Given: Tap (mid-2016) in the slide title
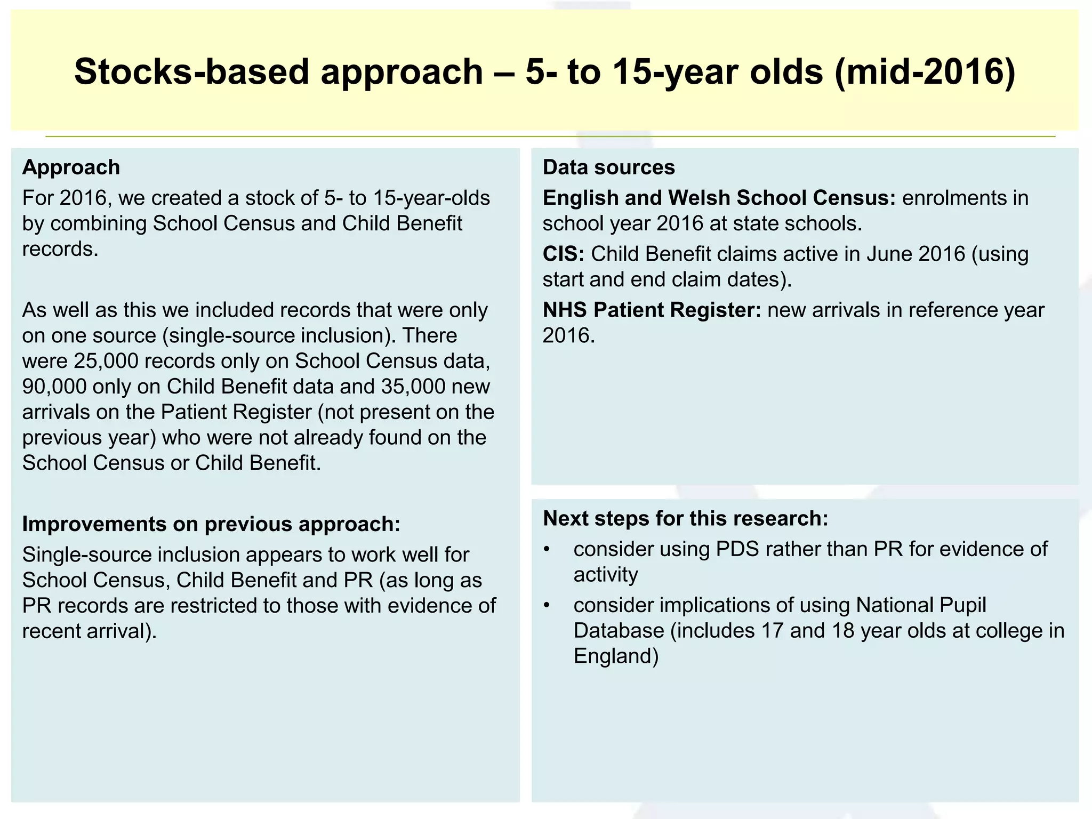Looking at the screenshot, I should point(925,71).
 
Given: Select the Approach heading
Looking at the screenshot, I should point(71,167).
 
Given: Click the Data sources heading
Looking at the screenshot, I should point(608,167).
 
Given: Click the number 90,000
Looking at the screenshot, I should point(54,387).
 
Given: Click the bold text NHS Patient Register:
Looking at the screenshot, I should point(652,310).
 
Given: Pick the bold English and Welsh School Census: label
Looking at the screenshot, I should point(719,198).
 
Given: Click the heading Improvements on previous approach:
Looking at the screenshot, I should point(211,524).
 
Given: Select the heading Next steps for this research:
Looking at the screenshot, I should point(685,518).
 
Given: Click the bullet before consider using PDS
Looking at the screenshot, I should point(546,550).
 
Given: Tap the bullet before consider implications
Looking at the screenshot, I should point(546,606).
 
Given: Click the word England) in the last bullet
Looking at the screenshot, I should point(616,656).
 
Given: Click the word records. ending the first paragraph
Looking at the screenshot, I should point(60,250).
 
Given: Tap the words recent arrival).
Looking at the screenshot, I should point(89,631).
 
